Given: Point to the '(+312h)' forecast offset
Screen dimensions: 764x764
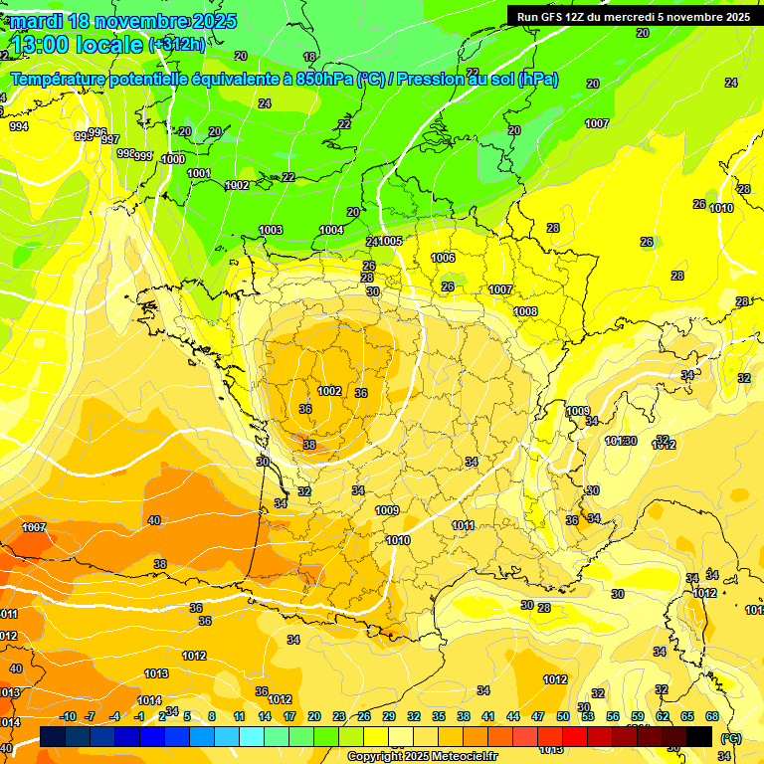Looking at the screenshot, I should pos(177,45).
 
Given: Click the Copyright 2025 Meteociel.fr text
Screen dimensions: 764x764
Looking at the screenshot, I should pos(422,756).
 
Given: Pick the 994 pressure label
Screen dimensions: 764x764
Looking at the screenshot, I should pos(19,126).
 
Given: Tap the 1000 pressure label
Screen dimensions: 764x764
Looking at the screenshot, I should pos(173,159).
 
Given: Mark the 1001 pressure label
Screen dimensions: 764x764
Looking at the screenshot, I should pos(199,173).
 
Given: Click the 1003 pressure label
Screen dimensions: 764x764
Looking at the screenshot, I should pos(271,230).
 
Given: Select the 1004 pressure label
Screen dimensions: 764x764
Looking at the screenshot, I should pos(331,230).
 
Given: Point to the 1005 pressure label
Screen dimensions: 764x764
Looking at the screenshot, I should pos(390,241).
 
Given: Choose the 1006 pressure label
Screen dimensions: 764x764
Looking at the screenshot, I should pos(443,258).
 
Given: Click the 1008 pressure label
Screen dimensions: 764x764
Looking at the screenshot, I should pos(525,311).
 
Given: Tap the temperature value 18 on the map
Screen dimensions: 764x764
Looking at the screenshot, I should pos(309,57).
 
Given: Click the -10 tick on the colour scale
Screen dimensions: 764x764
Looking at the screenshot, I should pos(68,716).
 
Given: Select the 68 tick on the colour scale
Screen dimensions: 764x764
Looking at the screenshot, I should pos(712,716).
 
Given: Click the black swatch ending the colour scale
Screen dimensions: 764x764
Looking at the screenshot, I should pos(699,736).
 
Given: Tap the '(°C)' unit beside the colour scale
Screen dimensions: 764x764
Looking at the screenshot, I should pos(731,737).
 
